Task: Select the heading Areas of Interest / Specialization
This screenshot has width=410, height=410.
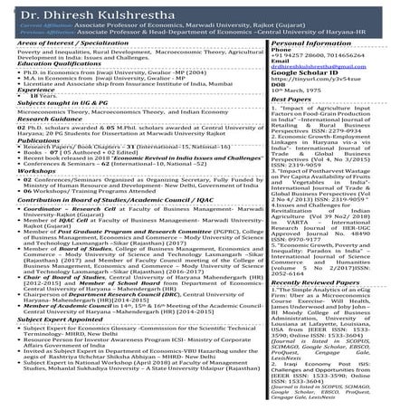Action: (75, 69)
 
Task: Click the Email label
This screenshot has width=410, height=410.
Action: (282, 92)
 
